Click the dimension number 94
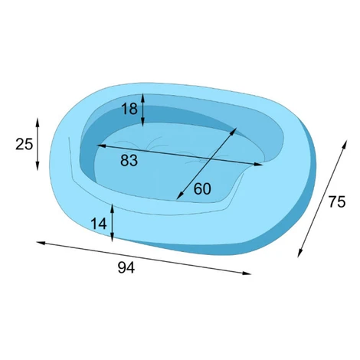click(126, 268)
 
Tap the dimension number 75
click(337, 201)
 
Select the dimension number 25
click(25, 144)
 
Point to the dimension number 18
click(129, 109)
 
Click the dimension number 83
click(129, 161)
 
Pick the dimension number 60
click(202, 189)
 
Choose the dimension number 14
click(99, 224)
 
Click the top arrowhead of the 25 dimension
click(38, 123)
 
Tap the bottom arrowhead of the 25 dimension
click(38, 166)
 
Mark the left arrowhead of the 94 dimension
click(41, 243)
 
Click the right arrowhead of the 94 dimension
click(247, 273)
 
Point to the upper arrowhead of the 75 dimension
click(345, 144)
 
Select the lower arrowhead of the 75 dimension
click(300, 253)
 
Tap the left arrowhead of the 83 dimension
click(101, 146)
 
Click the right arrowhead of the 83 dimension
click(258, 165)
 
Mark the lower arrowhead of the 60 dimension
click(179, 195)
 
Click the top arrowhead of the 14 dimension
click(112, 209)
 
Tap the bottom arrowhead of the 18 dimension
click(143, 122)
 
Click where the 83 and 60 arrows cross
click(210, 159)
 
